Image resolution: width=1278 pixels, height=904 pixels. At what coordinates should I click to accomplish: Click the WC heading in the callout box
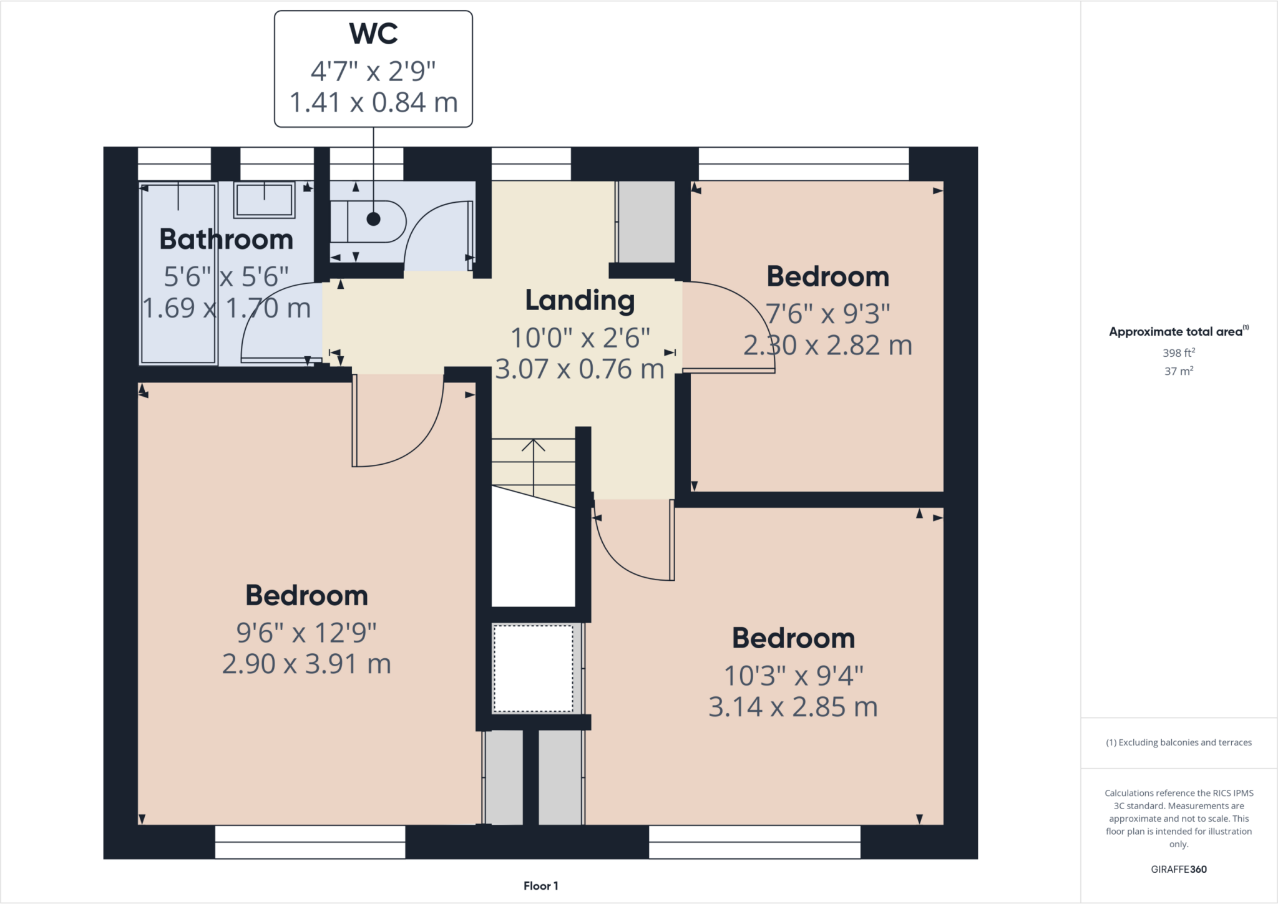tap(373, 34)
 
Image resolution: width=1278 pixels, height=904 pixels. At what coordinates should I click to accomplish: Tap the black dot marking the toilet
tap(373, 219)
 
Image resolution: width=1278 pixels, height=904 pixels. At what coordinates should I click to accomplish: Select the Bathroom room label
tap(226, 240)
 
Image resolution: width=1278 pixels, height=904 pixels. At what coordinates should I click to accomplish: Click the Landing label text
tap(580, 301)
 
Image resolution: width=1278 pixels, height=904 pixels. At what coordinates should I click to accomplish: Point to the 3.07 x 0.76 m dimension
tap(580, 369)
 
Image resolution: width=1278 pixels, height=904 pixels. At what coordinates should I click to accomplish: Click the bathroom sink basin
tap(265, 200)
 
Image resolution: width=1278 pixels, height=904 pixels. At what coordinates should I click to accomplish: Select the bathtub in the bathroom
tap(178, 275)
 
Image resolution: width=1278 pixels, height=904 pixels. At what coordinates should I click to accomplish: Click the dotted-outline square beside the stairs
tap(533, 668)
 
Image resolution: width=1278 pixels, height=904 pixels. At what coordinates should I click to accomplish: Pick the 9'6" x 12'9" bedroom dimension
tap(306, 633)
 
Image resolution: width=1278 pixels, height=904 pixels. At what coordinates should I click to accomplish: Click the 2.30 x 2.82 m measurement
tap(827, 346)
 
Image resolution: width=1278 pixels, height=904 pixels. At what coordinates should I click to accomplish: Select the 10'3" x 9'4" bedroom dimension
tap(793, 676)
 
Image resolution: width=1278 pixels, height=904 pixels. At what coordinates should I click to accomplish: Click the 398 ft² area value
tap(1178, 353)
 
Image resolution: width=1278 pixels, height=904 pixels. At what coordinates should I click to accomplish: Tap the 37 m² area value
tap(1178, 371)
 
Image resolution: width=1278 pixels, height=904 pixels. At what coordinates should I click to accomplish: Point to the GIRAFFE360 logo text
tap(1178, 869)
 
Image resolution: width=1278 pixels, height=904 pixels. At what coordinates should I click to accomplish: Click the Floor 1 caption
tap(540, 886)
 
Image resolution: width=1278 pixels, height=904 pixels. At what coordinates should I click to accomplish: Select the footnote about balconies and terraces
tap(1178, 742)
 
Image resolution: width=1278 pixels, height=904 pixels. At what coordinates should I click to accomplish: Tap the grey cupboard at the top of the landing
tap(646, 221)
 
